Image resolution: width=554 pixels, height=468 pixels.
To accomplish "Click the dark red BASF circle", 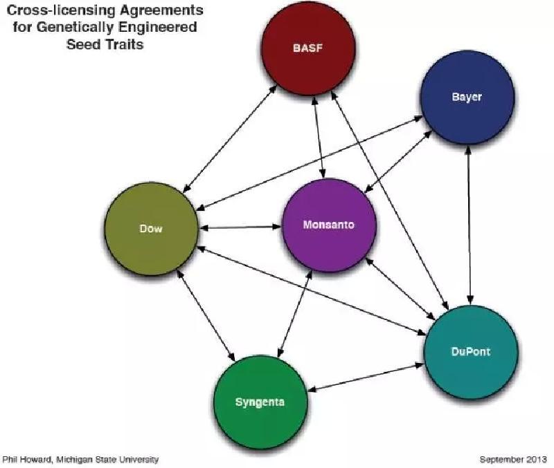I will [x=308, y=48].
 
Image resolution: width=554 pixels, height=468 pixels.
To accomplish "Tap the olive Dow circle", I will [x=150, y=229].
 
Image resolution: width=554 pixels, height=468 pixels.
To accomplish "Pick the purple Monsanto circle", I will [x=330, y=225].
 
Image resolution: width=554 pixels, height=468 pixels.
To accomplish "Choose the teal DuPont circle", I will [x=471, y=351].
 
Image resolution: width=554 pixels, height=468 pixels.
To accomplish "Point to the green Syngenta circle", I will [x=260, y=402].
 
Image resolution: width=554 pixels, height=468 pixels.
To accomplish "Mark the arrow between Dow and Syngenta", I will [x=205, y=315].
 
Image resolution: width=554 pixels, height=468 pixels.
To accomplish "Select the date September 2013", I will [x=513, y=459].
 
